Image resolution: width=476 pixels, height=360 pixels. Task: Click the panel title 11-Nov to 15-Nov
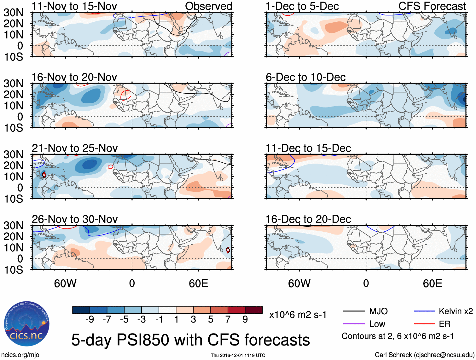(74, 6)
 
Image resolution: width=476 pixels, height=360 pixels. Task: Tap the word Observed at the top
(208, 6)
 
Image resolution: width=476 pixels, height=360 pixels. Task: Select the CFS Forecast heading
(432, 6)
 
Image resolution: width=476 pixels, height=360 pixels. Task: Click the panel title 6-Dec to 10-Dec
(305, 77)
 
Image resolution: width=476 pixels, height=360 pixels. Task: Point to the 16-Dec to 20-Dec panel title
(308, 219)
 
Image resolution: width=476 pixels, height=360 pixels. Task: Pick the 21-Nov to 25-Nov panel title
(75, 148)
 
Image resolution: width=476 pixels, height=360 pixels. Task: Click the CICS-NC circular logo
(26, 324)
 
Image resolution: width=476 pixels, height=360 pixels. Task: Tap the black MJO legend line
(354, 311)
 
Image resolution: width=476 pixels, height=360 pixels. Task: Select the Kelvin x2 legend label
(456, 311)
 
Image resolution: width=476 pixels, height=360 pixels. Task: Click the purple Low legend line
(354, 324)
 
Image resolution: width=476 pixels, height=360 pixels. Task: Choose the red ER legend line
(424, 324)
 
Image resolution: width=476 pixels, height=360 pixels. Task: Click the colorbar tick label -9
(90, 320)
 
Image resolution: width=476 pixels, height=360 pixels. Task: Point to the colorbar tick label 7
(228, 320)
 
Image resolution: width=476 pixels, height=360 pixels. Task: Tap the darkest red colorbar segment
(254, 310)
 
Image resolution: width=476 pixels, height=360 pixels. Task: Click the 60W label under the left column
(65, 283)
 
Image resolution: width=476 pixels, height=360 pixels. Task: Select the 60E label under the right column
(432, 283)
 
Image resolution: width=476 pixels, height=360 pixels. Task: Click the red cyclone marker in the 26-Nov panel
(228, 250)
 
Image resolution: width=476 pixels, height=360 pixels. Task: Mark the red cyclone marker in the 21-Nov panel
(44, 175)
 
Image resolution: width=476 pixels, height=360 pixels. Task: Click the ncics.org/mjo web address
(20, 355)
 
